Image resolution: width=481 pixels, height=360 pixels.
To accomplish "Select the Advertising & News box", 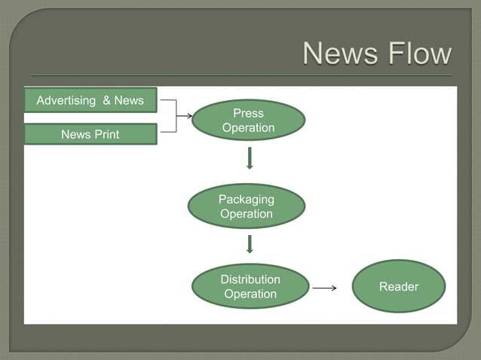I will [90, 100].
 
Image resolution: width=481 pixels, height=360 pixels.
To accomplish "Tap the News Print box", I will [90, 135].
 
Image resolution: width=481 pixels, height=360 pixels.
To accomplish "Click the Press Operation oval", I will [248, 121].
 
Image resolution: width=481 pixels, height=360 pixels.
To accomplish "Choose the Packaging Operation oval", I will [246, 206].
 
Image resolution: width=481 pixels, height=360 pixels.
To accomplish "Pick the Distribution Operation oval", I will [250, 286].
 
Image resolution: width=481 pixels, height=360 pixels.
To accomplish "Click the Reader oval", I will [398, 286].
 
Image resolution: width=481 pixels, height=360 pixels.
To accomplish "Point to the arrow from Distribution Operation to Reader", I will [324, 288].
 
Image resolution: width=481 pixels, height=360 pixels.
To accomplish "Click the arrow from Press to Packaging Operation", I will [250, 158].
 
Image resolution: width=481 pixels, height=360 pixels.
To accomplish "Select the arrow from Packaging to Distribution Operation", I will [249, 244].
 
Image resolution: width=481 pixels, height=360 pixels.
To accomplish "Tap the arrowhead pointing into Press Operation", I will [188, 116].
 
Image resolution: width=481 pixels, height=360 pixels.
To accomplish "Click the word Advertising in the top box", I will [66, 100].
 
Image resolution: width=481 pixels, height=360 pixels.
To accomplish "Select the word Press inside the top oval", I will [248, 113].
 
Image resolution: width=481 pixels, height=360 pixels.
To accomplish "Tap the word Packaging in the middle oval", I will [246, 199].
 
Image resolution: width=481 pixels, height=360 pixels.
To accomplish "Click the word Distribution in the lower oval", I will [250, 279].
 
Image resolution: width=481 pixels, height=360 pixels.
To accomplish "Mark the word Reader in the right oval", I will [398, 286].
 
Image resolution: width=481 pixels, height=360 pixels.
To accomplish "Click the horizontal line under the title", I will [241, 76].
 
